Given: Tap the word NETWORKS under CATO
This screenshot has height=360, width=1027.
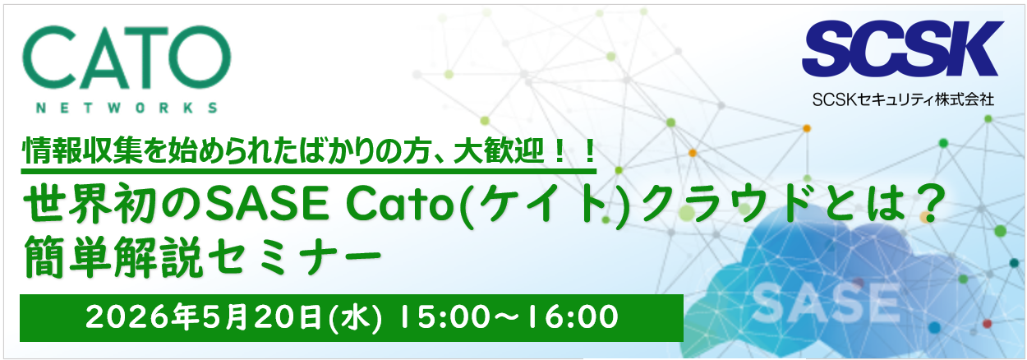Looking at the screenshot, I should pyautogui.click(x=127, y=108).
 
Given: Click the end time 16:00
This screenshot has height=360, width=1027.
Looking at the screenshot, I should pyautogui.click(x=572, y=317).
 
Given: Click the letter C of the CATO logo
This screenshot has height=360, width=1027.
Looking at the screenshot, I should pyautogui.click(x=48, y=60).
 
